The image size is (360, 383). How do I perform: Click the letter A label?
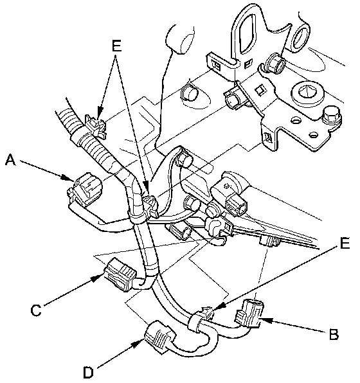[x=10, y=160]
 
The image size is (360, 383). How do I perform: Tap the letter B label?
[x=334, y=334]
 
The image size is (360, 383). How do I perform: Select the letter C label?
[x=36, y=310]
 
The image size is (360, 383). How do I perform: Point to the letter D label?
[x=88, y=373]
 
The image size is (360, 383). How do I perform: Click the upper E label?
[x=116, y=46]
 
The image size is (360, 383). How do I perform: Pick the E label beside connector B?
[x=345, y=243]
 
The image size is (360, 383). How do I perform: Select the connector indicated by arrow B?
[x=249, y=314]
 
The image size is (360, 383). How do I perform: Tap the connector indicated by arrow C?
[x=120, y=274]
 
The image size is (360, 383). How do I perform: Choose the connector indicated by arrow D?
[x=160, y=337]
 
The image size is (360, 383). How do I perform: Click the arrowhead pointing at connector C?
[x=98, y=278]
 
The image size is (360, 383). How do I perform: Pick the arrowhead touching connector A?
[x=68, y=177]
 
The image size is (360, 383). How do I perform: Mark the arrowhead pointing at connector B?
[x=266, y=320]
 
